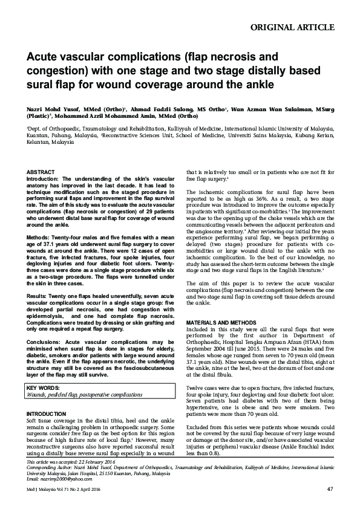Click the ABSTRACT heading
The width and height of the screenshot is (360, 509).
point(40,172)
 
